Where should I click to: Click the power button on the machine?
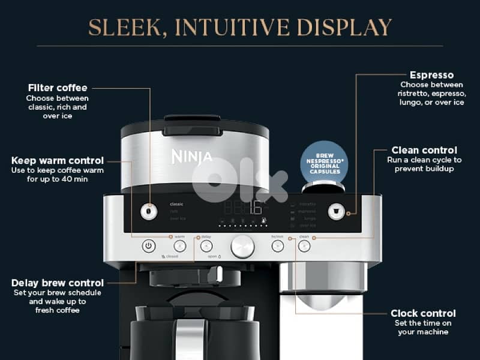(149, 245)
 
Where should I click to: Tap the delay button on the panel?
(206, 245)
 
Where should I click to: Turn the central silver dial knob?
(242, 246)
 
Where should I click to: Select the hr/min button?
(277, 245)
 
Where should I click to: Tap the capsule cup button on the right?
(336, 211)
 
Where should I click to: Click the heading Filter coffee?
(58, 88)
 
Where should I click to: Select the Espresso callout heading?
(431, 75)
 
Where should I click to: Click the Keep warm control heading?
(58, 160)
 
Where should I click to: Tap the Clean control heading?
(424, 150)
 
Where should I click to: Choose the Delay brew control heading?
(58, 283)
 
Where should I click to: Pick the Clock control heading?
(423, 313)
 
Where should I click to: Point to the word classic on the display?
(176, 205)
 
